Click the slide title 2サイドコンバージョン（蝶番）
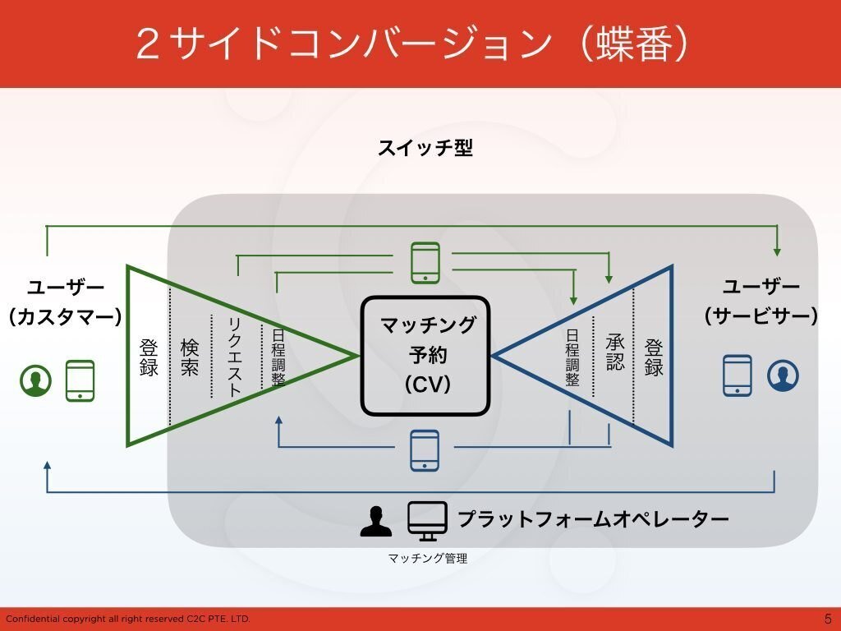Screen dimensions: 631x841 point(412,44)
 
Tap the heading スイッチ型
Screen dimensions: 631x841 point(425,149)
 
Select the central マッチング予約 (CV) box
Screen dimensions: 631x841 point(425,355)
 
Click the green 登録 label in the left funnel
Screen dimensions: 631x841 point(149,357)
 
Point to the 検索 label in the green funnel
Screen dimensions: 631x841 point(190,357)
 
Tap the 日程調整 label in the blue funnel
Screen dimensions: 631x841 point(573,357)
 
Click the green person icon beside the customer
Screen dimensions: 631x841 point(36,380)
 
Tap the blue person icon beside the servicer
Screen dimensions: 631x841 point(783,375)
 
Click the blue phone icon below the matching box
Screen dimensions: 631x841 point(425,450)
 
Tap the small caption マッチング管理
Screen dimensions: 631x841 point(427,559)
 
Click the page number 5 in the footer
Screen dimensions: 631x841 point(827,619)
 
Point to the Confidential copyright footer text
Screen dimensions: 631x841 point(127,619)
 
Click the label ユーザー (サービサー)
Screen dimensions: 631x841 point(761,302)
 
